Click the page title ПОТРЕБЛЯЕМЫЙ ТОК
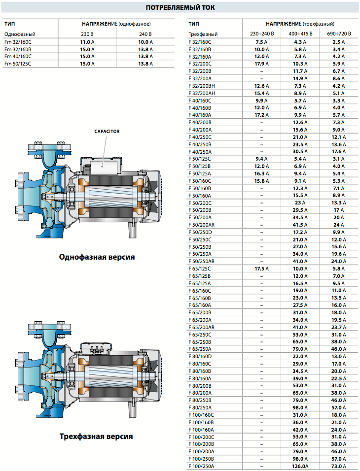[180, 7]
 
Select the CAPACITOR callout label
[107, 131]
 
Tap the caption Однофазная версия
[97, 257]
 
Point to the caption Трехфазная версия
[96, 437]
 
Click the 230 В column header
[87, 34]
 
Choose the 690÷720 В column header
[339, 34]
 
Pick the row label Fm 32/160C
[18, 42]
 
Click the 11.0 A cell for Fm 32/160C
[87, 42]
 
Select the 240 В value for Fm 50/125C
[145, 64]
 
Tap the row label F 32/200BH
[202, 86]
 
